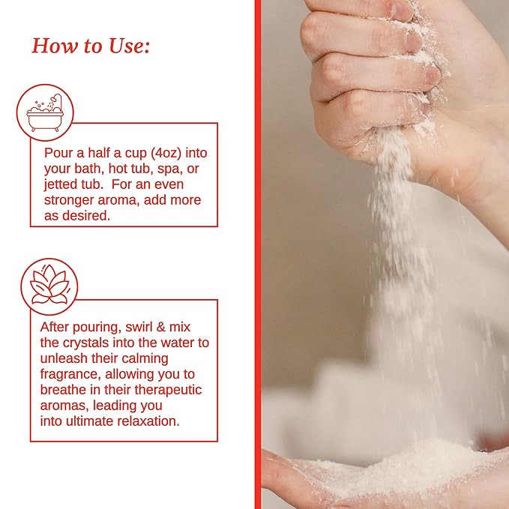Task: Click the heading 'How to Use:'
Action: click(91, 46)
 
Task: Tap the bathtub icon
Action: click(45, 112)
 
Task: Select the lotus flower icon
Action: click(49, 286)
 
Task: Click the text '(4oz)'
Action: click(166, 153)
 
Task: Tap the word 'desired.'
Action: click(86, 216)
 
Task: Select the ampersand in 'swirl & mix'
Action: click(160, 327)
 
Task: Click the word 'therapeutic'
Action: click(168, 390)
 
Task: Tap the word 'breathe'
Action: click(63, 390)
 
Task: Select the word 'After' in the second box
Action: click(55, 327)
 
